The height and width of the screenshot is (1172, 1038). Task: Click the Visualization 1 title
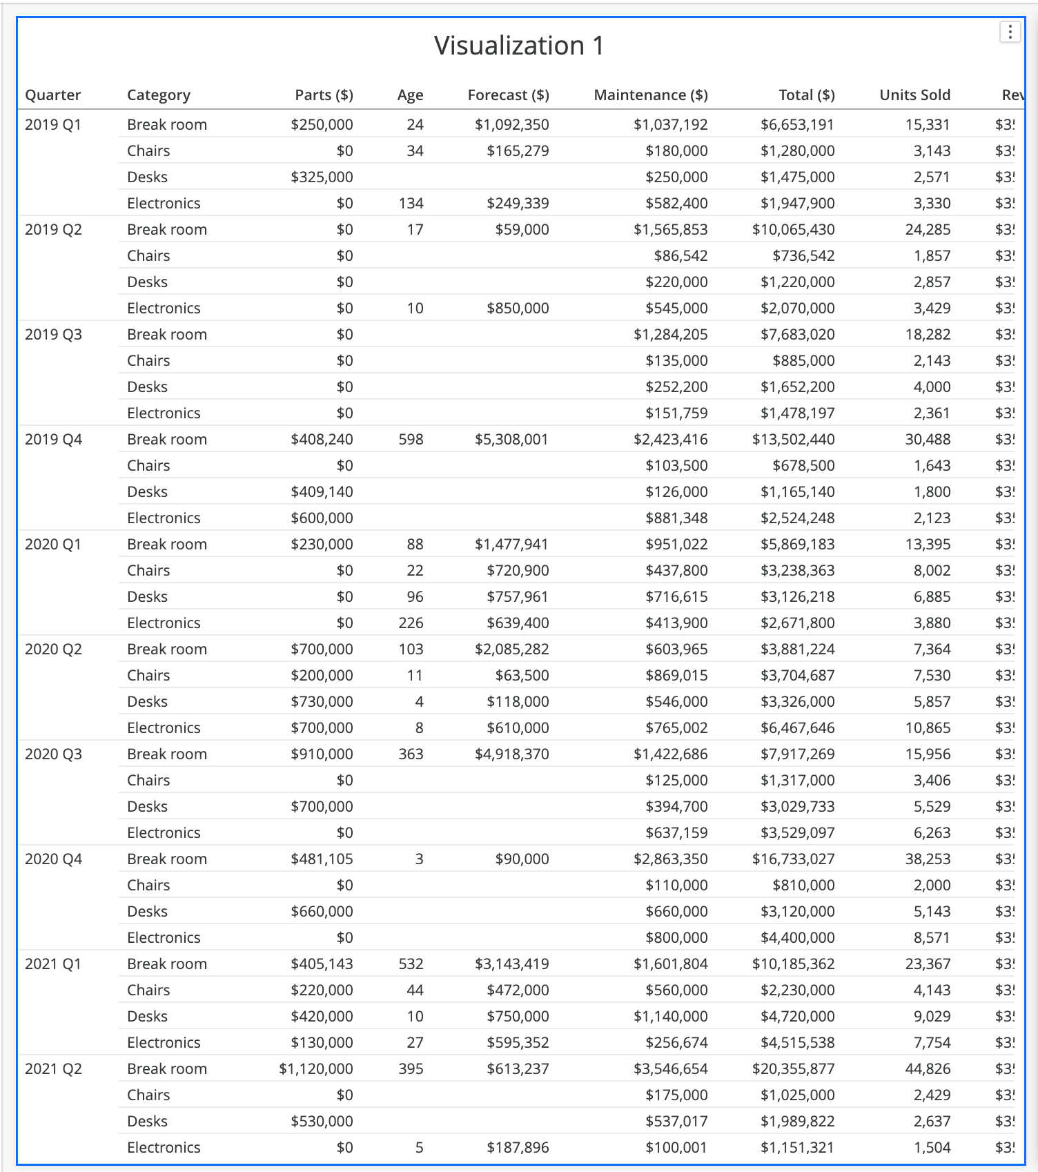click(519, 46)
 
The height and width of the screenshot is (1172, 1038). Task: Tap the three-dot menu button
click(1010, 32)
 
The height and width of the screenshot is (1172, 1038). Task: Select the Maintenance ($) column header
click(650, 95)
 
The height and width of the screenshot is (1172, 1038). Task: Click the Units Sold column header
click(914, 95)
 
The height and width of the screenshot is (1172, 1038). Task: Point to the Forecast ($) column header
click(508, 95)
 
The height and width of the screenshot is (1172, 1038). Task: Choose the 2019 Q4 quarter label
click(53, 440)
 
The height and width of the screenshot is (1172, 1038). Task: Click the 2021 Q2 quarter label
click(53, 1069)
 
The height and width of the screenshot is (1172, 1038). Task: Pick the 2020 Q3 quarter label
click(53, 754)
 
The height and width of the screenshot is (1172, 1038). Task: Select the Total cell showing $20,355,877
click(793, 1069)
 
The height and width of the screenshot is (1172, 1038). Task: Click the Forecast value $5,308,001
click(511, 440)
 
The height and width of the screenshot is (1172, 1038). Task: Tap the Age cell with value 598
click(411, 440)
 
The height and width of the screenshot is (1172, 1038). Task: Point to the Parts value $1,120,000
click(315, 1069)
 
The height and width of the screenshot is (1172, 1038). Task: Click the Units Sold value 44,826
click(928, 1069)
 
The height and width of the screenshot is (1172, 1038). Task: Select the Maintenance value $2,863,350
click(670, 859)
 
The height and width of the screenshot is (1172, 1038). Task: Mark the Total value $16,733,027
click(793, 859)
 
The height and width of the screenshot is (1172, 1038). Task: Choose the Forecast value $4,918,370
click(511, 754)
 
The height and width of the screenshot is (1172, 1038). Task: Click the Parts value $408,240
click(322, 440)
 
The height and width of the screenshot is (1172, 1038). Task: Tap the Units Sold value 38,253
click(928, 859)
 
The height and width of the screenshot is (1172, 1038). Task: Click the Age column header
click(410, 95)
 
